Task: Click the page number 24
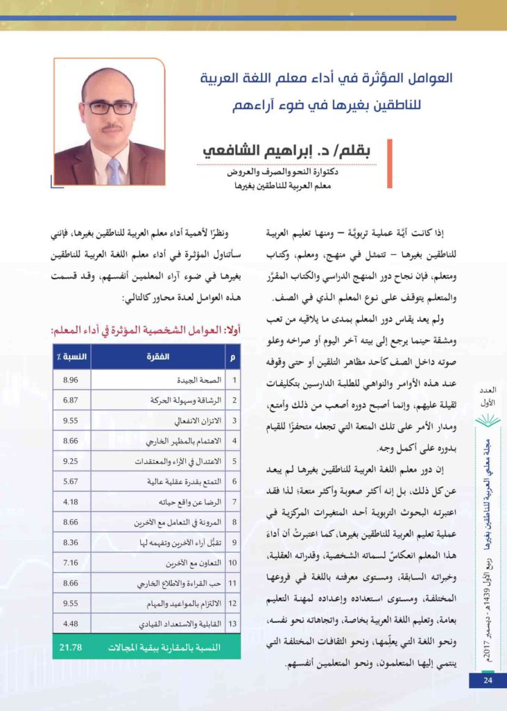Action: [x=488, y=680]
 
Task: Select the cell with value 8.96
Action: [x=71, y=380]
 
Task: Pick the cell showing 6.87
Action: [x=71, y=401]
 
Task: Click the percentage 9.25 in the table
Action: [x=71, y=460]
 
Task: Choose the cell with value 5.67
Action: [x=71, y=480]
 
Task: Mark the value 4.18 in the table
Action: [x=71, y=501]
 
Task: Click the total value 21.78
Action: [x=71, y=647]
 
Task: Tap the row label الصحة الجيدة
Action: [x=198, y=380]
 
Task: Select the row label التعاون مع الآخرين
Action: [x=188, y=561]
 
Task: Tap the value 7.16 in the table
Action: [x=71, y=561]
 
